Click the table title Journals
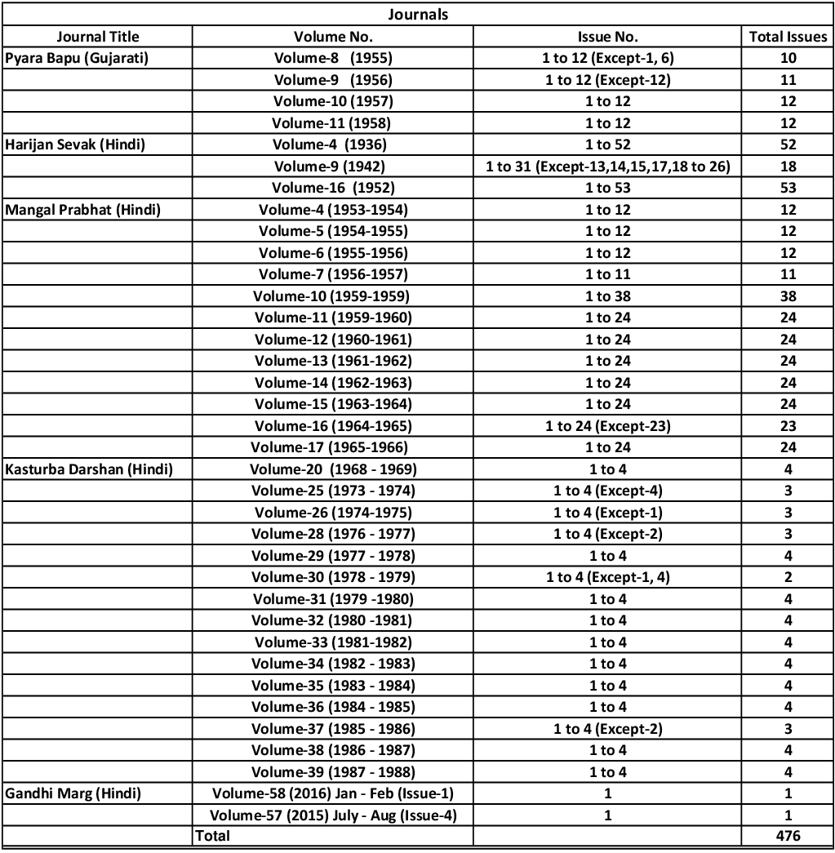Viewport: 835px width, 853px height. (417, 14)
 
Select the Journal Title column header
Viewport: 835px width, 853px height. (98, 36)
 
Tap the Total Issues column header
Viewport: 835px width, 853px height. (788, 36)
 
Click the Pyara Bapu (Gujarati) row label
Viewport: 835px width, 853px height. (77, 58)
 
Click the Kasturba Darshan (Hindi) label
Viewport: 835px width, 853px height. (88, 469)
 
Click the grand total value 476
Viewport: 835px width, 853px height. (788, 836)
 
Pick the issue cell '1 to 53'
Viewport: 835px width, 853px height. (607, 188)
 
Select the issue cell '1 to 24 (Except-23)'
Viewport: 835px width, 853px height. (607, 426)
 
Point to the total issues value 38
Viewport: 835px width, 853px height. (788, 296)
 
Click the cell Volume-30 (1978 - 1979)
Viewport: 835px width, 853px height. (333, 577)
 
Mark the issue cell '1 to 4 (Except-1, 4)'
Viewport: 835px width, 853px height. (607, 577)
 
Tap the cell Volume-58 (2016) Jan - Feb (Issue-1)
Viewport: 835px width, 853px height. (333, 793)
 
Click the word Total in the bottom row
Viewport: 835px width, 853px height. (212, 836)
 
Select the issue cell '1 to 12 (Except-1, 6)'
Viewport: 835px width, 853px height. (607, 58)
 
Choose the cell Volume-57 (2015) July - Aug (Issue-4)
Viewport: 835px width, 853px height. (333, 815)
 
